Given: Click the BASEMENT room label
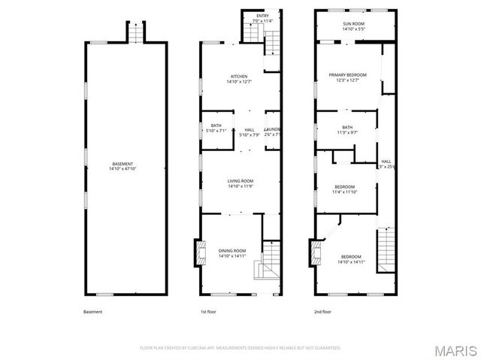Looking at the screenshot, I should [124, 164].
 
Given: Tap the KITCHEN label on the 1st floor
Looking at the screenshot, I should [239, 77].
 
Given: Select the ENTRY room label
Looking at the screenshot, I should [262, 16].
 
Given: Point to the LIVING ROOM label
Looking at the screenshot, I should [240, 180].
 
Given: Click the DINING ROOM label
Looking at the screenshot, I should [232, 250].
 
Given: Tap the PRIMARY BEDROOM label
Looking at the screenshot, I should [347, 75].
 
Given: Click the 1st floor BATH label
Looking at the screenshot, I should [216, 126].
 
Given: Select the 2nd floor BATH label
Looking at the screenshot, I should [346, 127].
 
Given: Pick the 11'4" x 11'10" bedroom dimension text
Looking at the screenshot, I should [345, 192].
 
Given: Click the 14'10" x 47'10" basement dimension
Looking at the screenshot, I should [124, 169].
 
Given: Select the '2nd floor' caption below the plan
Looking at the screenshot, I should [323, 312].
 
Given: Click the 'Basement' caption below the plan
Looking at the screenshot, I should [92, 312].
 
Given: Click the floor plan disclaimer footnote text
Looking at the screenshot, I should [240, 348].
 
